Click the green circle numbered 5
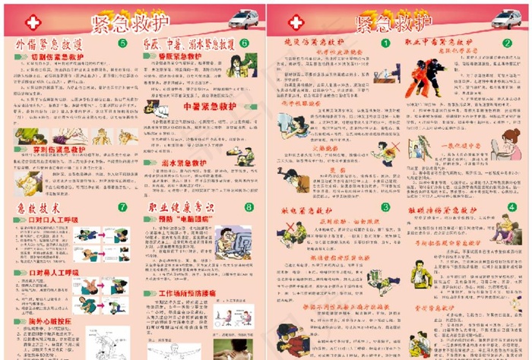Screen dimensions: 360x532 [122, 44]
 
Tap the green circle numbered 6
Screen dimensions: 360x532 [244, 44]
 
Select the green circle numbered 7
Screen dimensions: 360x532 [122, 207]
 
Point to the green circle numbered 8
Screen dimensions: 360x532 [249, 207]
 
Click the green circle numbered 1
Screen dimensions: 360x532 [385, 43]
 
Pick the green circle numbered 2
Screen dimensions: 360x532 [507, 43]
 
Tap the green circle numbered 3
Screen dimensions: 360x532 [385, 206]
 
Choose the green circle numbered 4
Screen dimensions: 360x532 [511, 207]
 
